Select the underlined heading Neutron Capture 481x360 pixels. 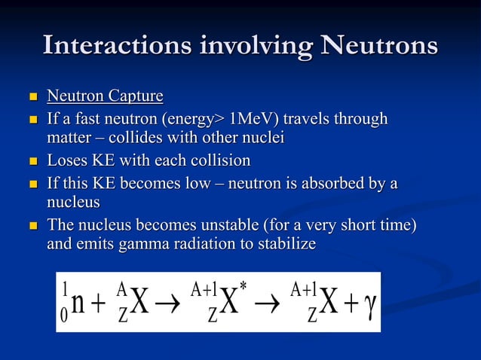point(105,96)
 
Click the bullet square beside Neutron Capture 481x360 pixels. point(31,97)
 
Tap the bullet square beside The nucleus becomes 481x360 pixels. point(31,226)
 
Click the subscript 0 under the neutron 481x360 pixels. point(64,316)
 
